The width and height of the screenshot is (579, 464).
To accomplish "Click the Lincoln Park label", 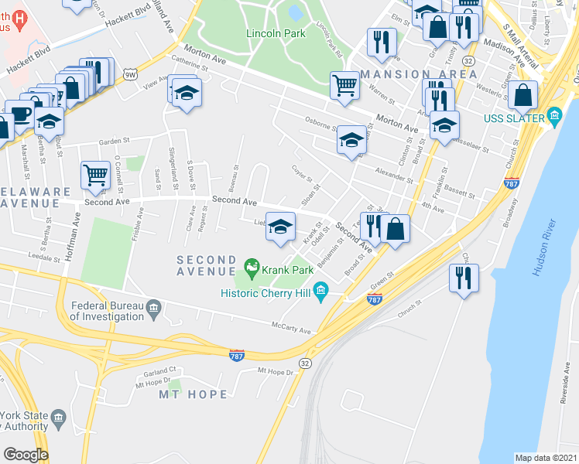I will [276, 33].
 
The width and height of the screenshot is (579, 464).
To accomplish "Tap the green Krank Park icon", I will [251, 268].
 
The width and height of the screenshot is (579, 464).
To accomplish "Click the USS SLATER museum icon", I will [553, 116].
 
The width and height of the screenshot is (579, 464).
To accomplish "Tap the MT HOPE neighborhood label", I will [194, 394].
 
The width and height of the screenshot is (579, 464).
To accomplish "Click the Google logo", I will [25, 455].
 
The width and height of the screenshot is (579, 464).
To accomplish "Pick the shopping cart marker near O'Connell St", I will [95, 175].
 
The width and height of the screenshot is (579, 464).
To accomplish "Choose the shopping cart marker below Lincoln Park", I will [344, 84].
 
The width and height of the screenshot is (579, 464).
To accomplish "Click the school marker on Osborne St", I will [351, 139].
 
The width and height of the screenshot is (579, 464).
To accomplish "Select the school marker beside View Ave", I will [186, 93].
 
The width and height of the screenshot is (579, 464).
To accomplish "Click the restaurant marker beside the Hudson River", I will [464, 278].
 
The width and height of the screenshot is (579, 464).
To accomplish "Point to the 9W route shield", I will [129, 74].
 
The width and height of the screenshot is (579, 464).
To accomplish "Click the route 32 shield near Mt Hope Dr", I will [304, 363].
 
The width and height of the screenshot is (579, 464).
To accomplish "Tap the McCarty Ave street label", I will [293, 331].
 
